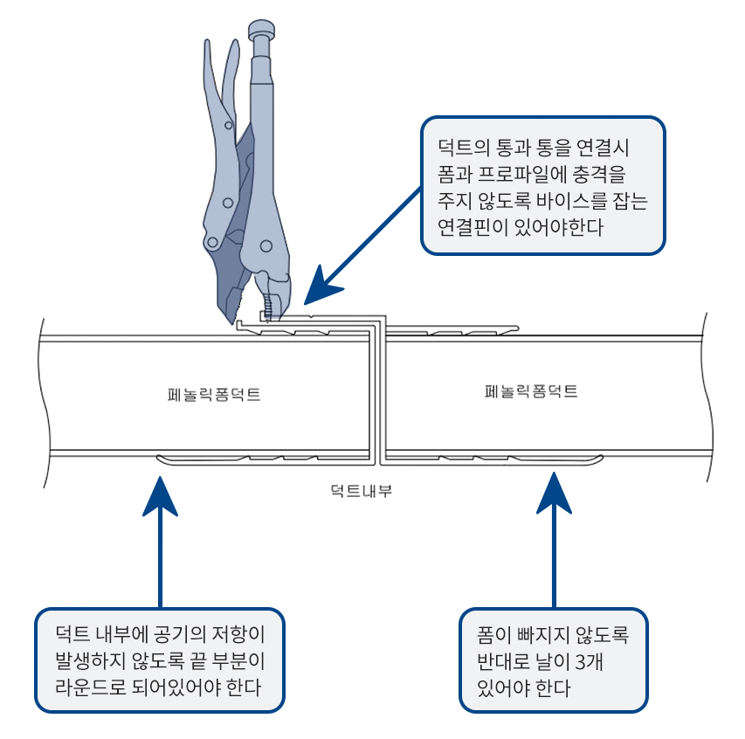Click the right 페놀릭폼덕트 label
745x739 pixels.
(531, 391)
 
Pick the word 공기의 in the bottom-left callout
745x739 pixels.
(177, 632)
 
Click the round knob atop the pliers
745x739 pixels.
(261, 31)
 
